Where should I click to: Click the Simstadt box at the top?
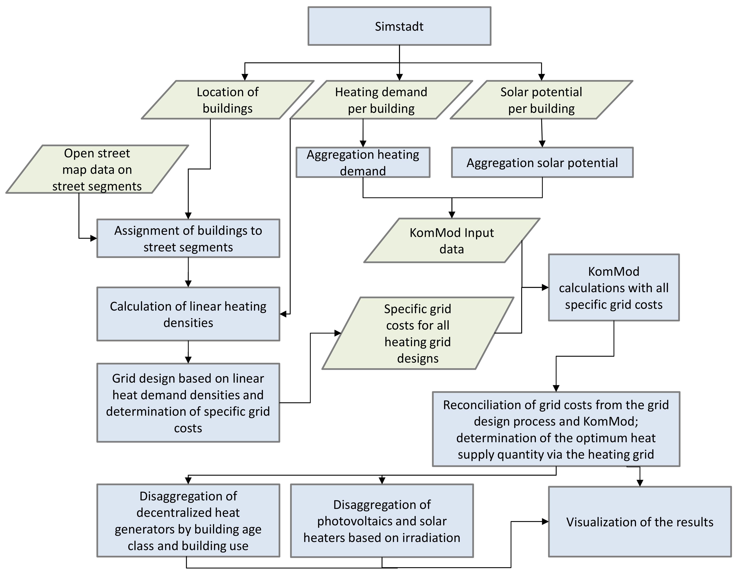[399, 26]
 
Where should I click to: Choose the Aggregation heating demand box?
[363, 162]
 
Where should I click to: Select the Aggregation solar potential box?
[542, 162]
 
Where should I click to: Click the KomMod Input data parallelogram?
[452, 240]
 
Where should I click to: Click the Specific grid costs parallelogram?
[418, 333]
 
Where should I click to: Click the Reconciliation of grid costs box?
[556, 429]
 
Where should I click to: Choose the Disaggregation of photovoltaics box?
[382, 521]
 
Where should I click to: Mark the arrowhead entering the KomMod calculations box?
[545, 288]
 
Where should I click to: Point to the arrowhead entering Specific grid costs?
[338, 333]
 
